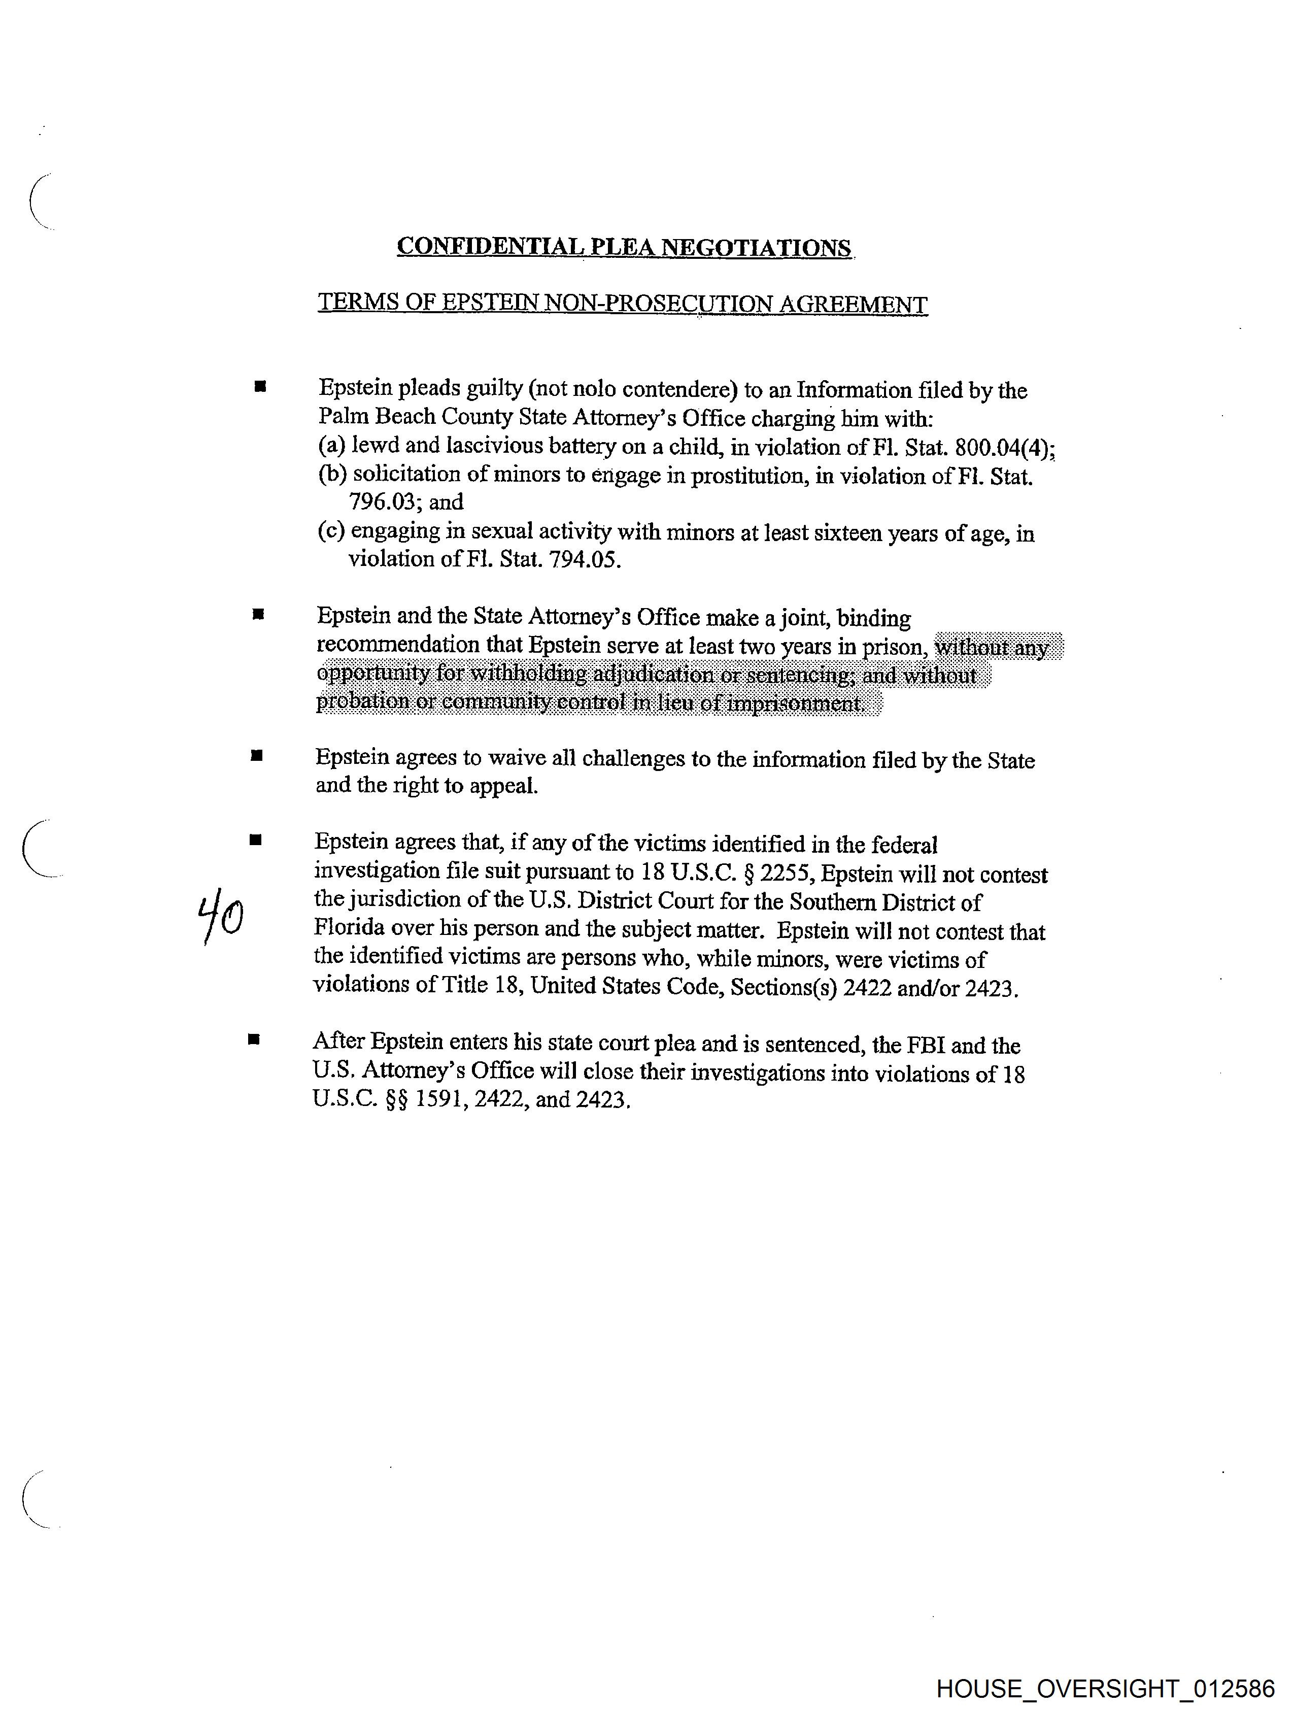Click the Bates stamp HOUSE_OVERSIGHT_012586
tap(1105, 1688)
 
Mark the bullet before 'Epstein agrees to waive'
tap(257, 756)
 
